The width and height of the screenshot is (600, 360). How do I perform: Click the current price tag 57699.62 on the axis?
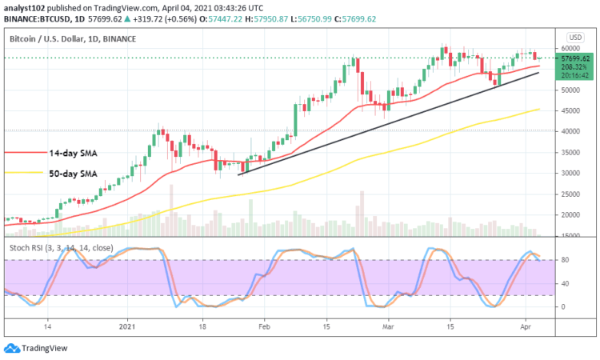click(575, 58)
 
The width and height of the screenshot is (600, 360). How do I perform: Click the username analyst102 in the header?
click(26, 6)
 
